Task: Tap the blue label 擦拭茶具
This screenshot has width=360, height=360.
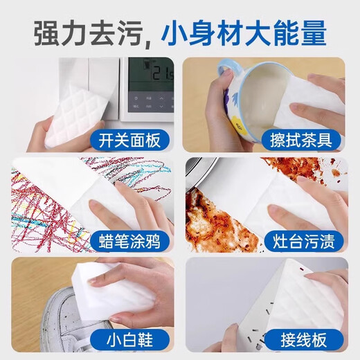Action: tap(307, 142)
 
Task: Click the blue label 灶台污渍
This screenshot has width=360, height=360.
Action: tap(307, 242)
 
